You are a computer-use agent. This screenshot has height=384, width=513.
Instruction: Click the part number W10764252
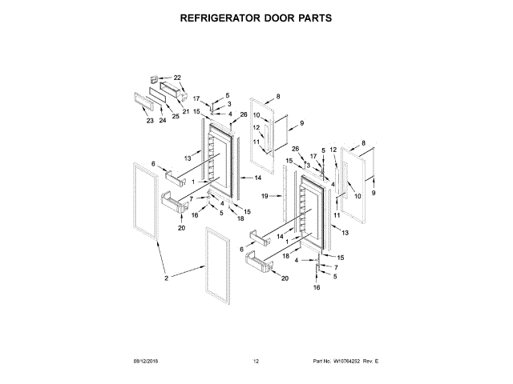(341, 362)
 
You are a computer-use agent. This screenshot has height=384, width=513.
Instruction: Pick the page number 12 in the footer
(256, 362)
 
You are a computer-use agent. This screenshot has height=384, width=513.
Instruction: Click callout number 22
(177, 78)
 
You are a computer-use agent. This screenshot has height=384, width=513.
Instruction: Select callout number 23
(150, 121)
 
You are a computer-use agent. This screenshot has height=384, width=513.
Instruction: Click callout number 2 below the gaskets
(167, 278)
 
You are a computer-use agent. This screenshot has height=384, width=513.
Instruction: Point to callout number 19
(265, 196)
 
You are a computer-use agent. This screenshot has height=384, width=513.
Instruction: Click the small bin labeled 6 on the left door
(177, 175)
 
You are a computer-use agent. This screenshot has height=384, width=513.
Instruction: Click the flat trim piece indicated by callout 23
(142, 102)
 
